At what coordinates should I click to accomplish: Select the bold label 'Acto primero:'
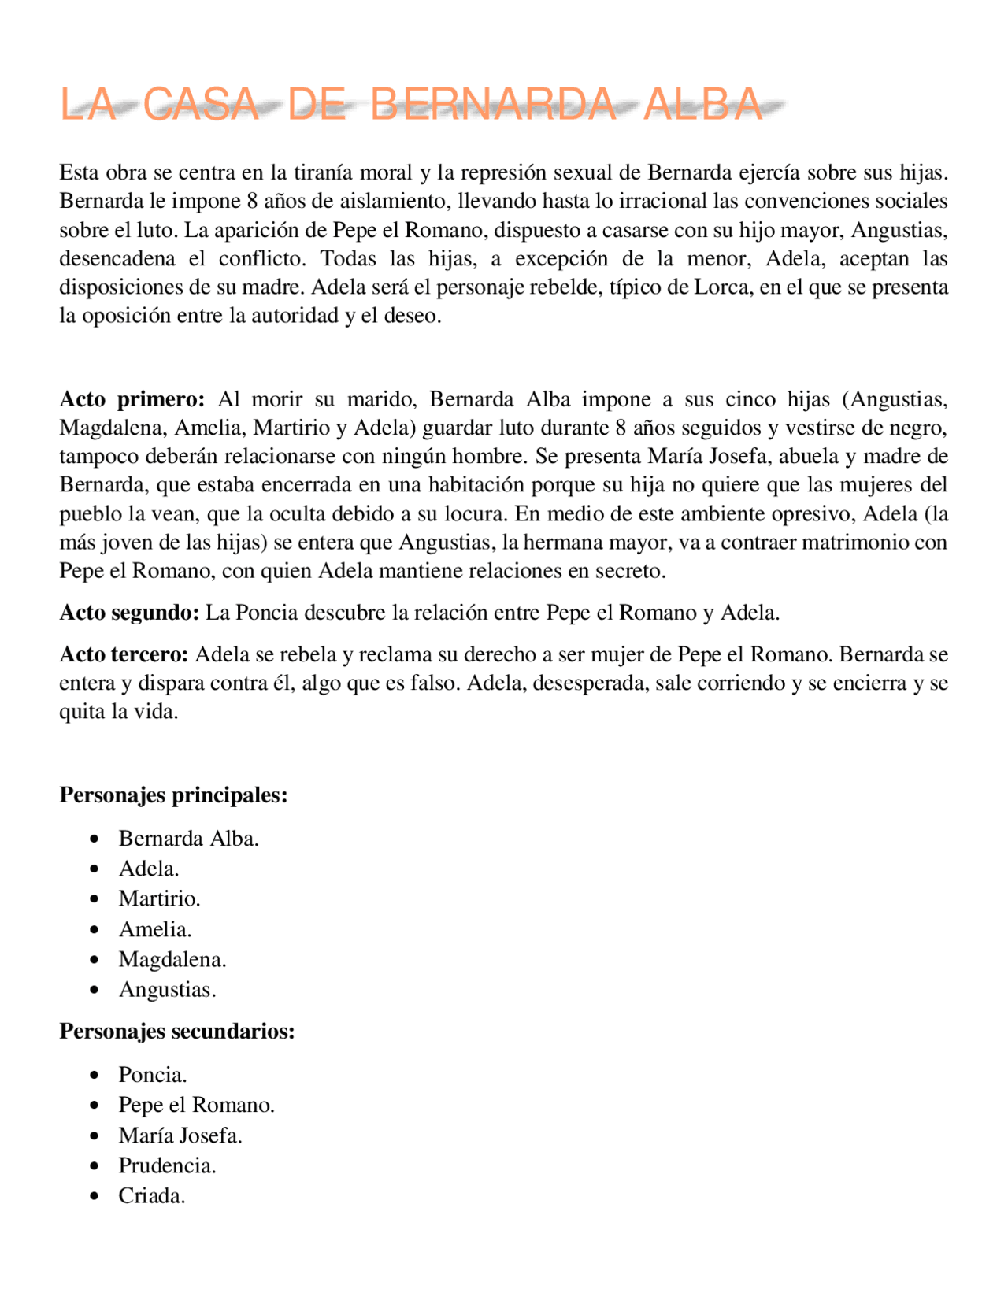[x=132, y=399]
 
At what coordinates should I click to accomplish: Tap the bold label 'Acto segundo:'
[x=129, y=613]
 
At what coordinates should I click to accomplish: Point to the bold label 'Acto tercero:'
[x=124, y=654]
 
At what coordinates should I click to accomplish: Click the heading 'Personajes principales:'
[x=173, y=795]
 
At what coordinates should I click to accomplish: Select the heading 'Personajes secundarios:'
[x=177, y=1031]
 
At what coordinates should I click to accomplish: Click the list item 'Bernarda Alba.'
[x=188, y=839]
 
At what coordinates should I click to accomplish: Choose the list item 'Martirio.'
[x=159, y=898]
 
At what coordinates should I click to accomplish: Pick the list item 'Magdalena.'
[x=172, y=959]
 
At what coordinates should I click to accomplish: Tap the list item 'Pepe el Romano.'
[x=196, y=1105]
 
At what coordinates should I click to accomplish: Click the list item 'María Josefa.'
[x=180, y=1135]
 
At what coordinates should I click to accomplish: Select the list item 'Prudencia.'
[x=167, y=1165]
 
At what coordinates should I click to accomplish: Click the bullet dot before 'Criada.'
[x=94, y=1196]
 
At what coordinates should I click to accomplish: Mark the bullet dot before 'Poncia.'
[x=94, y=1075]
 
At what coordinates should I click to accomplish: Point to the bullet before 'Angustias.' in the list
[x=94, y=990]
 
